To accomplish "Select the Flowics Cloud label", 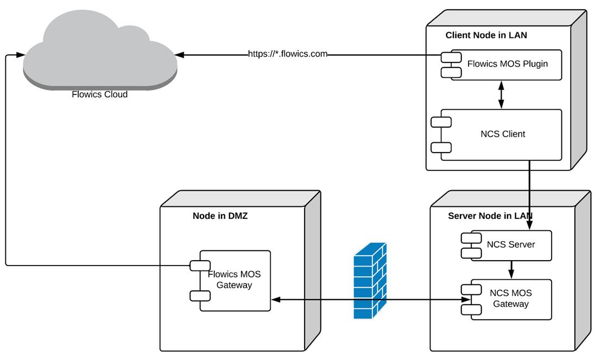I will pyautogui.click(x=99, y=94).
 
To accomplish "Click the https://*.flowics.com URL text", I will pyautogui.click(x=288, y=54).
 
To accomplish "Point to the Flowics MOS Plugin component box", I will pyautogui.click(x=507, y=65).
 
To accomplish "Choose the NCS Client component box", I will pyautogui.click(x=502, y=134).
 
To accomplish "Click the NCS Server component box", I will pyautogui.click(x=510, y=245).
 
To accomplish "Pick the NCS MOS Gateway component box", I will pyautogui.click(x=510, y=299).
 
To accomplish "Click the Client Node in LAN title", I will pyautogui.click(x=486, y=35).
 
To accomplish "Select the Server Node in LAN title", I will pyautogui.click(x=490, y=216).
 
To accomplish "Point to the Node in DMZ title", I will pyautogui.click(x=220, y=216).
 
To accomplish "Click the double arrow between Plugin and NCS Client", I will pyautogui.click(x=501, y=94).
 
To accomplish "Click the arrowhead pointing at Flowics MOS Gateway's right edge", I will pyautogui.click(x=275, y=299).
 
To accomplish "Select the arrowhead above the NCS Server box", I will pyautogui.click(x=529, y=216).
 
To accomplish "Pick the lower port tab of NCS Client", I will pyautogui.click(x=441, y=147).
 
